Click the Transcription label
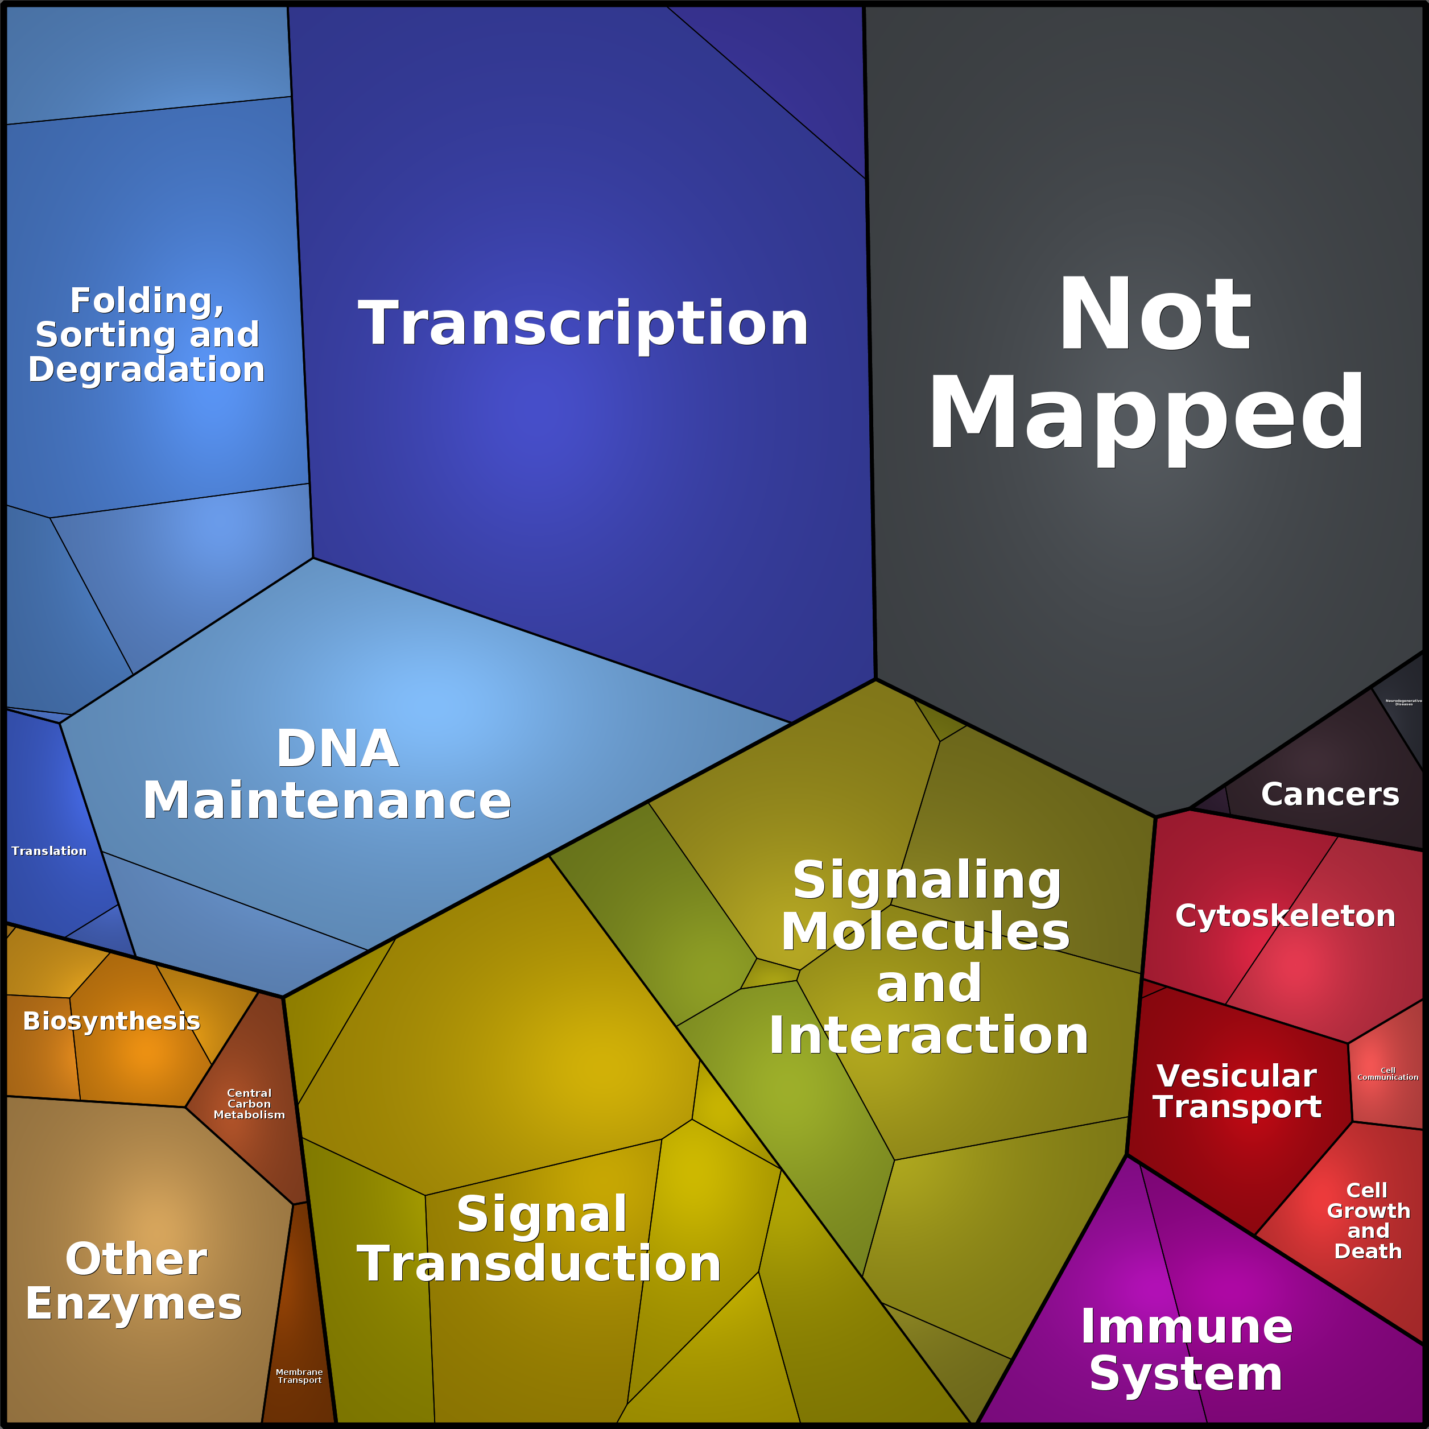[583, 323]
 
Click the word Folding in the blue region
[146, 301]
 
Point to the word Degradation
[146, 369]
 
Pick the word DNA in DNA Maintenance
[337, 749]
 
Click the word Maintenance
[327, 800]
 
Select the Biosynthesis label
[111, 1021]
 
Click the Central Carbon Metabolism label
[249, 1104]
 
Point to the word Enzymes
[134, 1303]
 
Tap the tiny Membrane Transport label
[300, 1376]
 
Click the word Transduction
[539, 1263]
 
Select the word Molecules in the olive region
[926, 931]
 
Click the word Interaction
[928, 1035]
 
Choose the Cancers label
[1330, 794]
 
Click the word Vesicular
[1237, 1076]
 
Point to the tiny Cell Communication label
[1387, 1074]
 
